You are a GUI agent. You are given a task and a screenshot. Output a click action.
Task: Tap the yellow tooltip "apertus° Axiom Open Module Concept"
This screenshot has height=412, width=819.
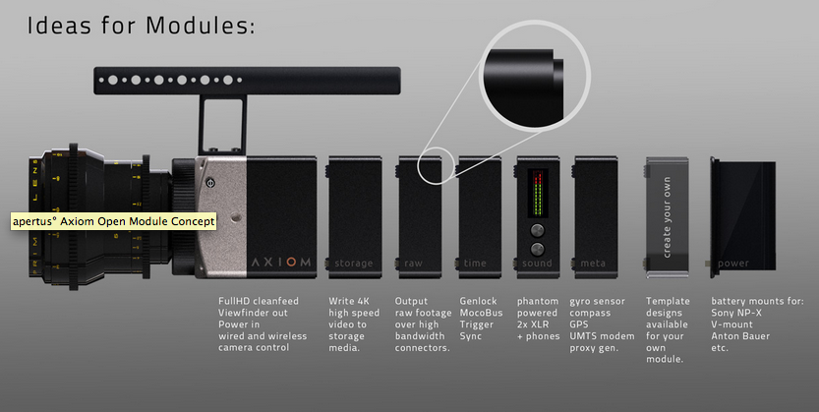[112, 221]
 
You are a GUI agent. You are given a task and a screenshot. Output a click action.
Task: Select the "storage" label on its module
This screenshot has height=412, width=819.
[354, 264]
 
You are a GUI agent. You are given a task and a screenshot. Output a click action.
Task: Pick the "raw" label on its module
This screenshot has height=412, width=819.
[414, 264]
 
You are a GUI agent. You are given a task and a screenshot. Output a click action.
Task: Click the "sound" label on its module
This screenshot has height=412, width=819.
[536, 264]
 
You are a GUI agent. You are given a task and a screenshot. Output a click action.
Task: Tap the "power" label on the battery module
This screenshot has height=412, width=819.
[733, 264]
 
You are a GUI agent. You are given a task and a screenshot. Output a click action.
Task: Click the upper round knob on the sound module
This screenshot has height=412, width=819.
[537, 228]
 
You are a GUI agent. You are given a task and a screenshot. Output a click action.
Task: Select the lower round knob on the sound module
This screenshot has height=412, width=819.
[537, 248]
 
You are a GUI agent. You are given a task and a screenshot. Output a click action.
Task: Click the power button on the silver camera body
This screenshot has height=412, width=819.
[209, 181]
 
